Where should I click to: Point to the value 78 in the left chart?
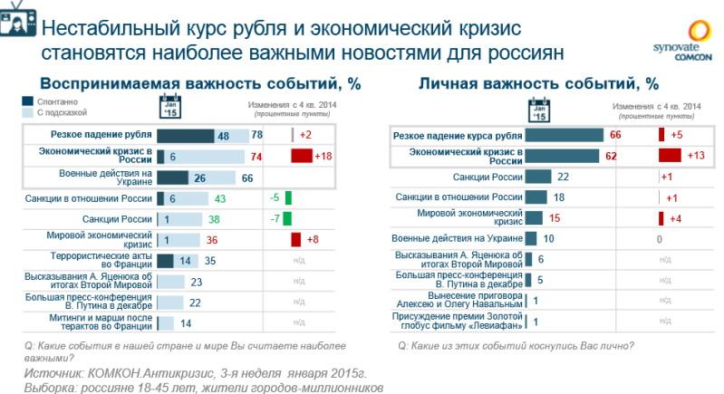(256, 135)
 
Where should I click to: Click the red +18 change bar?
(301, 156)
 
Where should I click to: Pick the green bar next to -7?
(287, 219)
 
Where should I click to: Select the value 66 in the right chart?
(614, 136)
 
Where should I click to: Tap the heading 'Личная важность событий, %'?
(538, 83)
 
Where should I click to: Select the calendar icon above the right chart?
(538, 111)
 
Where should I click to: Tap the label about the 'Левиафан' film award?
(457, 321)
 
